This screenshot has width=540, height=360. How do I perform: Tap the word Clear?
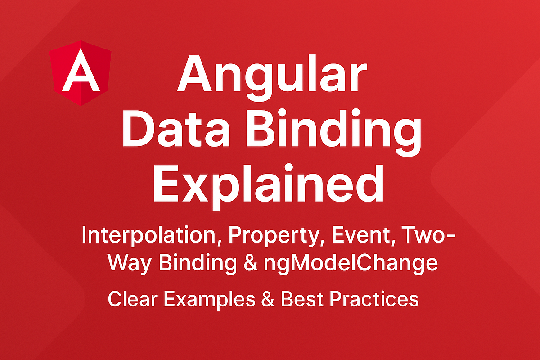point(130,299)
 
